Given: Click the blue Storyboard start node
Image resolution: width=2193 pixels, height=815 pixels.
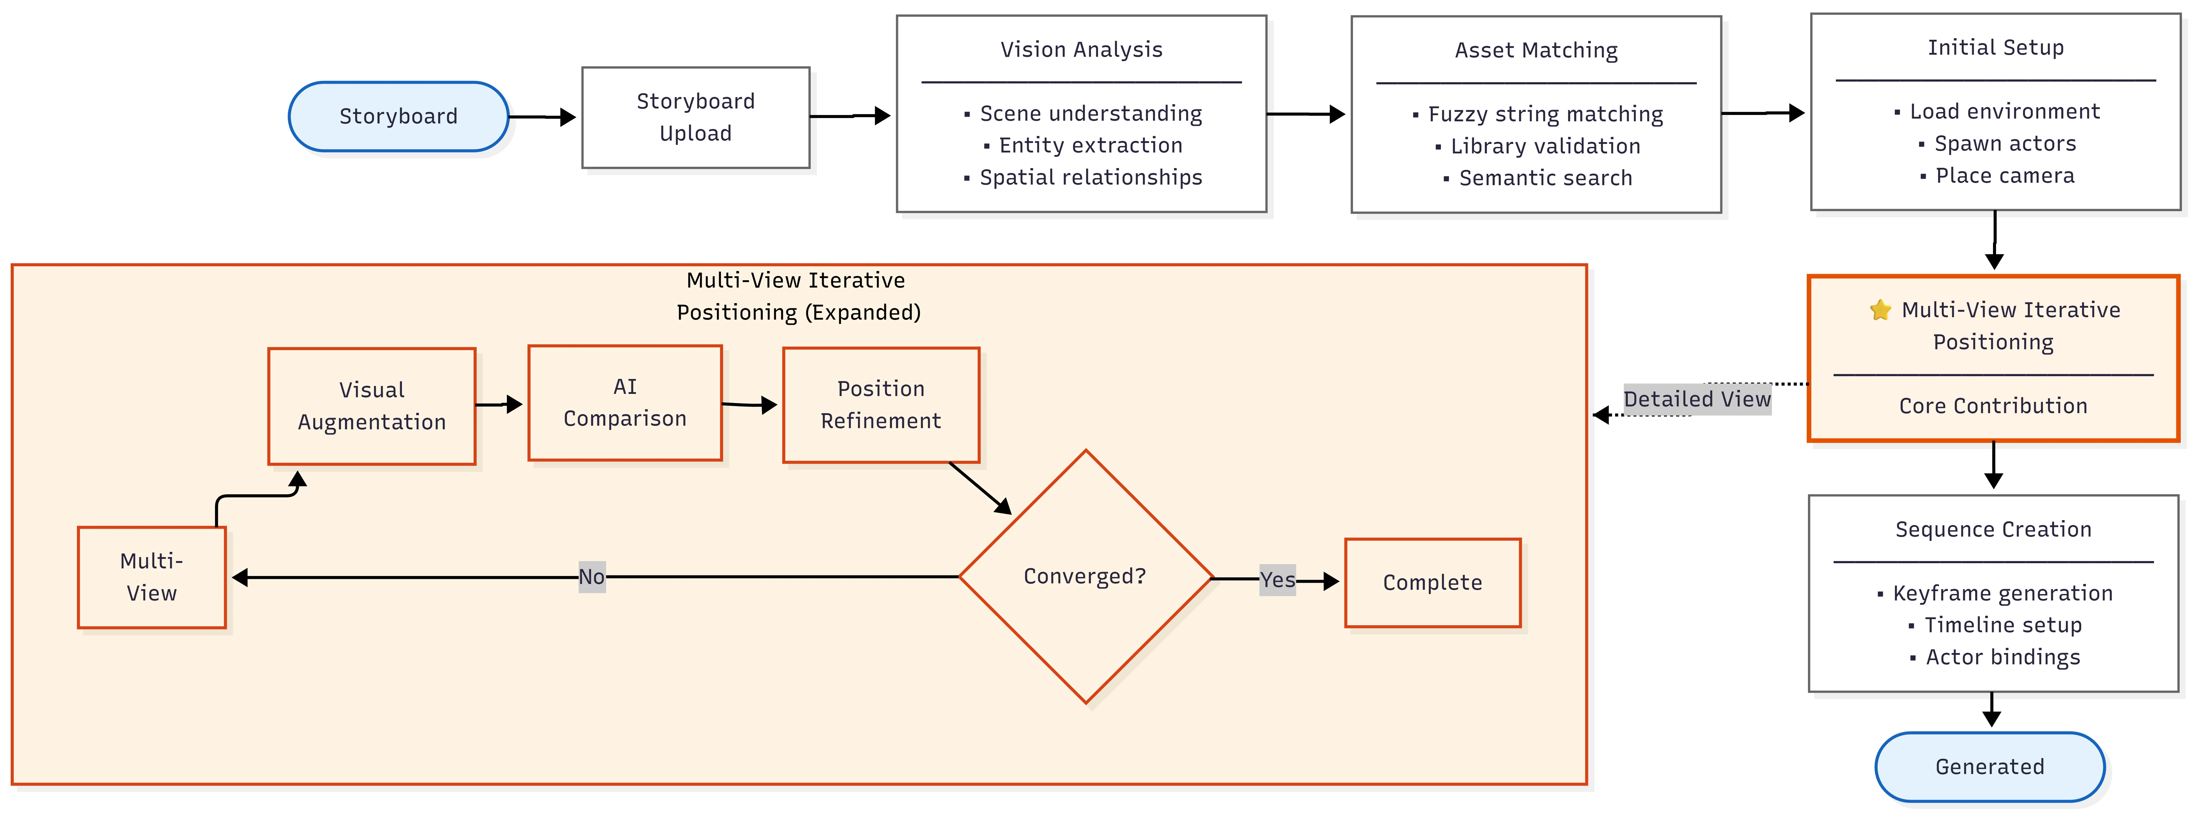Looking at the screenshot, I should tap(398, 117).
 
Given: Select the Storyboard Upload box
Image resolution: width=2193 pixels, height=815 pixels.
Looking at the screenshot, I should tap(696, 118).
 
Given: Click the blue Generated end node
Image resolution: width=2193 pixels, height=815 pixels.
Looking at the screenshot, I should tap(1990, 766).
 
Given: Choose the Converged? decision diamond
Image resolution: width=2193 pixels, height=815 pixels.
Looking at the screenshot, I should tap(1086, 577).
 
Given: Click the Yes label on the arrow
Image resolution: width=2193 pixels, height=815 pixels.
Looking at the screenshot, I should tap(1277, 580).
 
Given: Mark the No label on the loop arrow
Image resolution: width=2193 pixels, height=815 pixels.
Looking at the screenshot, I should tap(592, 577).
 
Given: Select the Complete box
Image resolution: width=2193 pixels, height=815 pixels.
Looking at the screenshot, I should tap(1433, 582).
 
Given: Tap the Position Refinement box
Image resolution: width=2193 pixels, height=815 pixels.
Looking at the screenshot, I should tap(881, 405).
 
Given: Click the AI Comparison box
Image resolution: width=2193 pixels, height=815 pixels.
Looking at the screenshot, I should tap(625, 403).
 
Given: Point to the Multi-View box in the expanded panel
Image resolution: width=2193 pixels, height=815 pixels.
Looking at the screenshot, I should tap(151, 577).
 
